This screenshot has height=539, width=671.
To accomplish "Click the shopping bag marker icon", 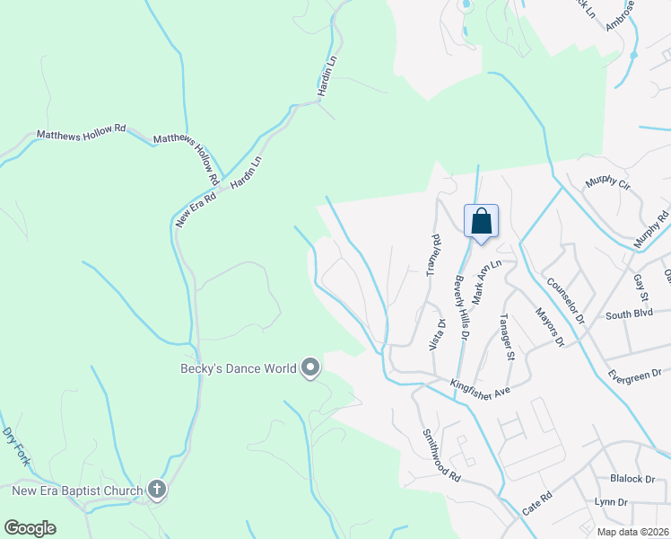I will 481,221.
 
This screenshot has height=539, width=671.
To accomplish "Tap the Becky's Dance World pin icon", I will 311,367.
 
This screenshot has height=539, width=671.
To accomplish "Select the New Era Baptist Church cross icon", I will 156,490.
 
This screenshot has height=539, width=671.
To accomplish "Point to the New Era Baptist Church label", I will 77,490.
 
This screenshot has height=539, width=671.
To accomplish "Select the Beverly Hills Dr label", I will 461,307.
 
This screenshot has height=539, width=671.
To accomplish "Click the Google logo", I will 30,527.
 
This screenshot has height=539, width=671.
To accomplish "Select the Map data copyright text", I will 632,532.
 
